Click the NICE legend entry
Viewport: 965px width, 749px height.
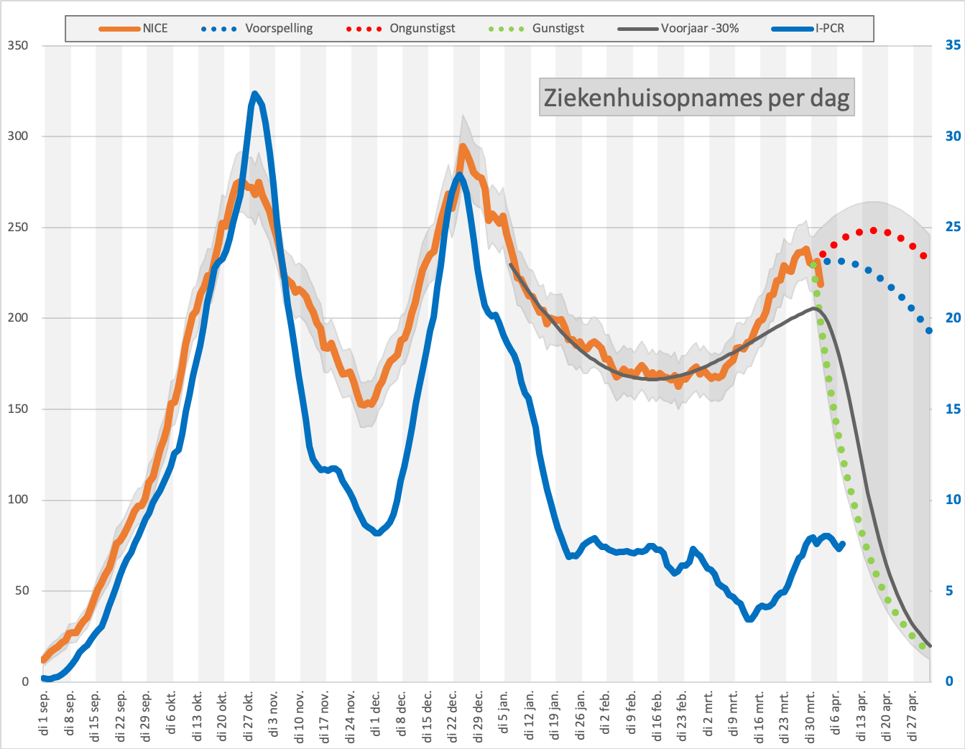tap(133, 29)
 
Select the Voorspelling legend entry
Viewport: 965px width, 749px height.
tap(257, 29)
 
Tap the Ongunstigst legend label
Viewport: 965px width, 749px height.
tap(423, 29)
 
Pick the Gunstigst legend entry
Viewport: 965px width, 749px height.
tap(536, 29)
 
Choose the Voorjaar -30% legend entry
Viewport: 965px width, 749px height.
tap(678, 29)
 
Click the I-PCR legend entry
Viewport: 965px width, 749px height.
tap(808, 29)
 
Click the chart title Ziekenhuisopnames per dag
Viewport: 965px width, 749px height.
tap(696, 97)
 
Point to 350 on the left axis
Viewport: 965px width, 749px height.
tap(18, 45)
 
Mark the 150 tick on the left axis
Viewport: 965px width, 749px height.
tap(18, 409)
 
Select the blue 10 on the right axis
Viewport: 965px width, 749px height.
tap(953, 500)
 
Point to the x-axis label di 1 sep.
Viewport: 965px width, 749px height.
tap(44, 712)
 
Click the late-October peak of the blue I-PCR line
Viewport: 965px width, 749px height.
tap(254, 93)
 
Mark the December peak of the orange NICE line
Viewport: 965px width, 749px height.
tap(463, 146)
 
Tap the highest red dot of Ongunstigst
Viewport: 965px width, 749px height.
tap(874, 231)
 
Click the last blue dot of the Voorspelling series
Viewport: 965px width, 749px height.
tap(929, 330)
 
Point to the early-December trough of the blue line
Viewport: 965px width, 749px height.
tap(377, 532)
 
